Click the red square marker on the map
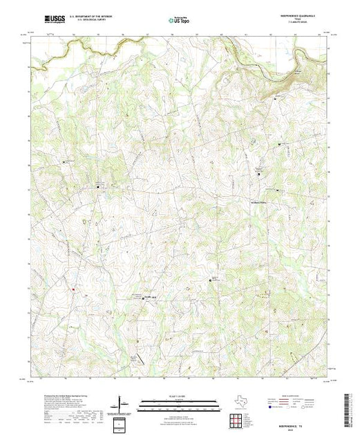pyautogui.click(x=72, y=289)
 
